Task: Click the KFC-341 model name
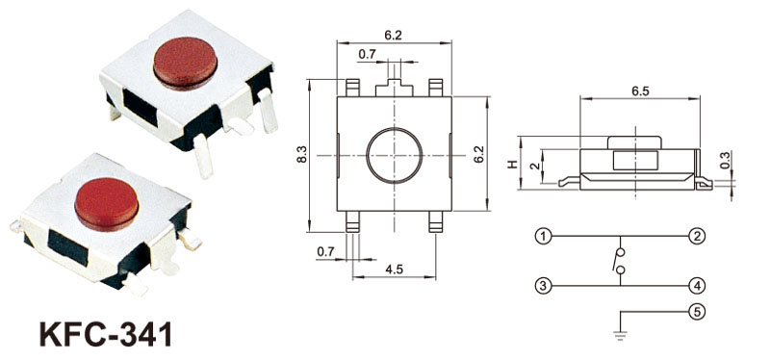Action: (x=106, y=334)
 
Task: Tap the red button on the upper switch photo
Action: (x=185, y=64)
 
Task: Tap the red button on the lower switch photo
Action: (x=107, y=204)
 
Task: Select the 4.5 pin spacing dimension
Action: (x=394, y=270)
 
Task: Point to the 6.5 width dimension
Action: (x=640, y=91)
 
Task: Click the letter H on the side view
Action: (x=512, y=165)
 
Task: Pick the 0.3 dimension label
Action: (x=725, y=160)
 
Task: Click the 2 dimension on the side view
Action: (x=535, y=166)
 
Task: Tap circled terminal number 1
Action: (x=543, y=236)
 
